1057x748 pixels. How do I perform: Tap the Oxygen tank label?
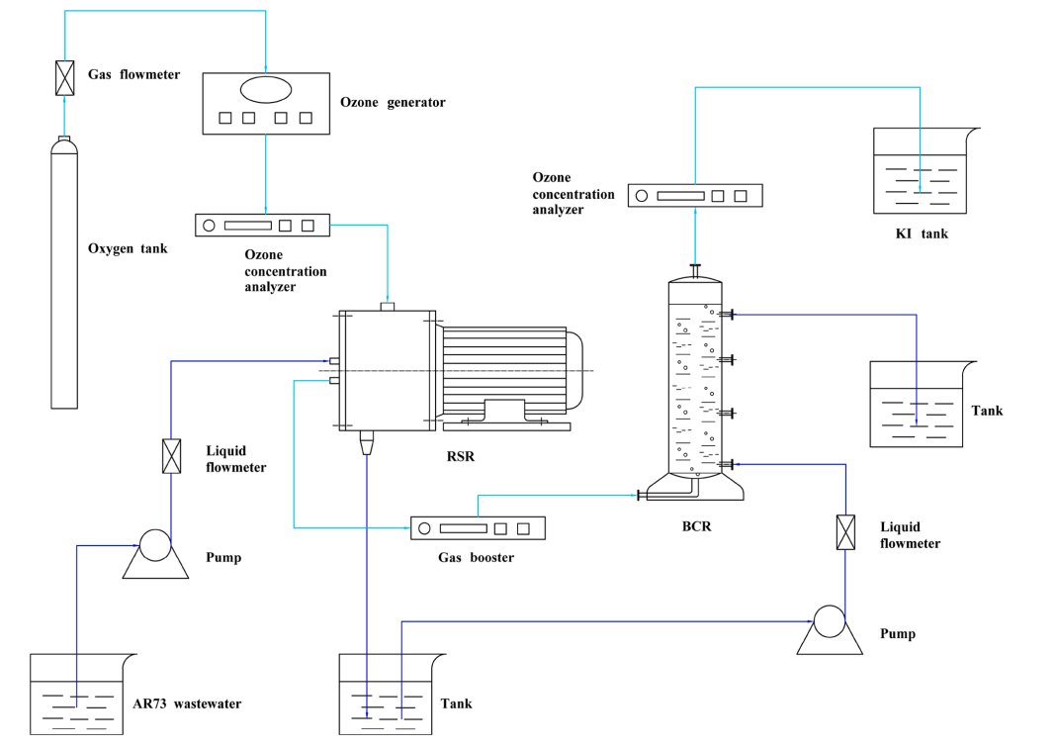tap(128, 248)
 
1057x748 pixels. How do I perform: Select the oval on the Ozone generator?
tap(266, 89)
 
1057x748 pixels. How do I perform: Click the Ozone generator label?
tap(393, 102)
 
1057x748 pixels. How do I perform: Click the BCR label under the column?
tap(696, 526)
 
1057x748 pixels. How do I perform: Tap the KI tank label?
tap(921, 234)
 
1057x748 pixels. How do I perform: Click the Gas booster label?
tap(477, 557)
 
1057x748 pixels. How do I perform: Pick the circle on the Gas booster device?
tap(424, 528)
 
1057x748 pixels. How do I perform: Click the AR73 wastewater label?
tap(187, 704)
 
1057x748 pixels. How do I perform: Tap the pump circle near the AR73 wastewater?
tap(154, 545)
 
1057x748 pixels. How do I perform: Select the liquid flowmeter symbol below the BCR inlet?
tap(845, 532)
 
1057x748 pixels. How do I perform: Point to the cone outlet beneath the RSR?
tap(368, 441)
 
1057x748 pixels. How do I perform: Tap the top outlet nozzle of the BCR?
tap(696, 270)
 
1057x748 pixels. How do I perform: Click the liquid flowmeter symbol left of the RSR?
tap(171, 456)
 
